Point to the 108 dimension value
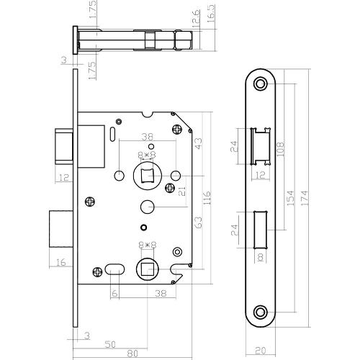[x=277, y=148]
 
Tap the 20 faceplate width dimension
[x=260, y=352]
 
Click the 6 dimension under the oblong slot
[x=114, y=293]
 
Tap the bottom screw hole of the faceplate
[x=260, y=312]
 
